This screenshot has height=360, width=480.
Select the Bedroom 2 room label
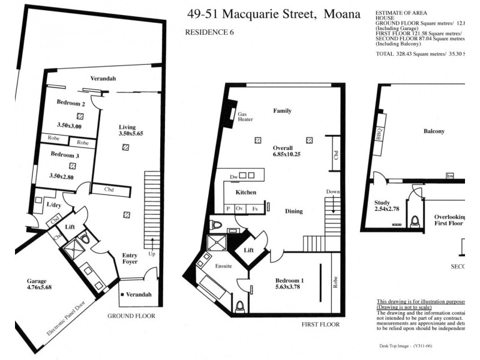coord(71,103)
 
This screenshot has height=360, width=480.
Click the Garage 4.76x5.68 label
coord(40,284)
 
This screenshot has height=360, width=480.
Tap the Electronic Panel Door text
coord(68,317)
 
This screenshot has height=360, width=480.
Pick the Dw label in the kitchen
coord(234,176)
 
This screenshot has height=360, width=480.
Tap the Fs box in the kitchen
coord(254,208)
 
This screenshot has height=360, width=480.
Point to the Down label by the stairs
coord(333,191)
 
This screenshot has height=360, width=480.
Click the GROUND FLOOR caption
coord(131,316)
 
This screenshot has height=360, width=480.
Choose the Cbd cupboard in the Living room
coord(109,190)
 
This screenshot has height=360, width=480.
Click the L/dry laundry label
coord(54,205)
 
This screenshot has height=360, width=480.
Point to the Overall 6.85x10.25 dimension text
coord(283,151)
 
